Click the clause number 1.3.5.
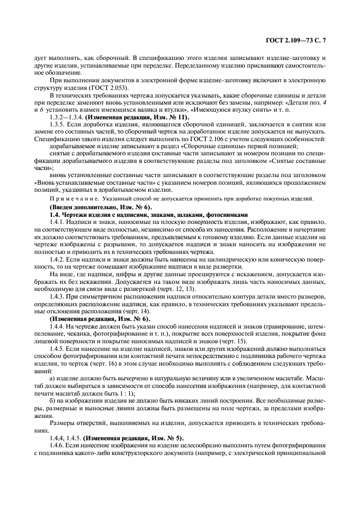58,124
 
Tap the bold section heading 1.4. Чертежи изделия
87,215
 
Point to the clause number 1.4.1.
58,223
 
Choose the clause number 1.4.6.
58,446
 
